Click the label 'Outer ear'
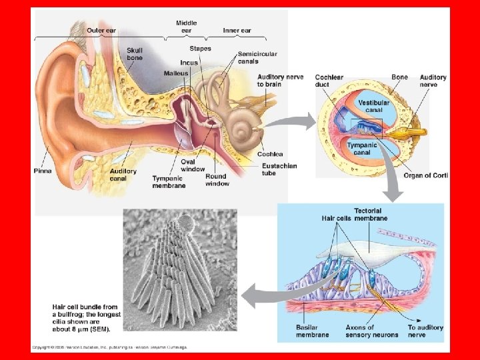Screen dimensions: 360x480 coord(83,31)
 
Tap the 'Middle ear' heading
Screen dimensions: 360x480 coord(186,27)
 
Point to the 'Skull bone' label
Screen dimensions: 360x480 coord(135,54)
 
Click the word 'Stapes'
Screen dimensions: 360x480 coord(200,49)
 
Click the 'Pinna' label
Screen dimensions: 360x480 coord(43,171)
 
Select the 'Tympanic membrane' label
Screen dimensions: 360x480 coord(169,182)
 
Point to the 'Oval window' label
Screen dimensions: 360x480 coord(193,165)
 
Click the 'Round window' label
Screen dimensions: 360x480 coord(216,180)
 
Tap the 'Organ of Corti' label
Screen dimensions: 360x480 coord(426,175)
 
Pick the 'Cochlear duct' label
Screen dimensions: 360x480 coord(329,81)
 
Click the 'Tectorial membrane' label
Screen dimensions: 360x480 coord(367,215)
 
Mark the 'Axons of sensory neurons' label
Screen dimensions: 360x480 coord(371,331)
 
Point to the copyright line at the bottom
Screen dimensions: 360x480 coord(110,347)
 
